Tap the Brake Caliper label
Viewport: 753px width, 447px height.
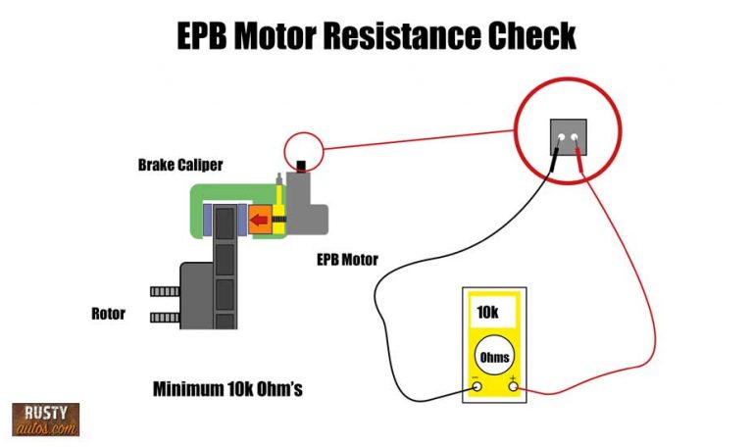180,165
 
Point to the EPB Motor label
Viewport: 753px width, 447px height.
347,260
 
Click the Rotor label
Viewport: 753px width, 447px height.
109,314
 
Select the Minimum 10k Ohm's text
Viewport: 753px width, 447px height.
227,388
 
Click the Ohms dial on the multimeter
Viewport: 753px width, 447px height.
495,356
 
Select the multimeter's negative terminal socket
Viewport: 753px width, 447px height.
477,388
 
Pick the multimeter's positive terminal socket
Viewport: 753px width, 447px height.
513,388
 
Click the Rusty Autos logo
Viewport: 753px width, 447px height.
45,420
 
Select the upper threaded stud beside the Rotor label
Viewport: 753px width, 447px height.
165,292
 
